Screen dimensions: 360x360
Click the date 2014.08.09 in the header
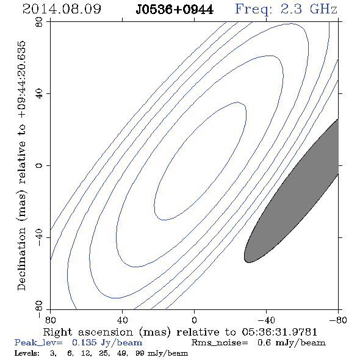click(x=62, y=9)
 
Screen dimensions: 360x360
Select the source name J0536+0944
click(x=175, y=10)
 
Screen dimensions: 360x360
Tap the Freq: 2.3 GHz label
click(x=286, y=10)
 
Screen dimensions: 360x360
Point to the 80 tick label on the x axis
click(x=50, y=320)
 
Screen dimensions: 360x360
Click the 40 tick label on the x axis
click(x=123, y=320)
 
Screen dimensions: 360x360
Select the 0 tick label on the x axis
click(x=194, y=320)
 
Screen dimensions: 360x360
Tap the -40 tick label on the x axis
click(x=266, y=320)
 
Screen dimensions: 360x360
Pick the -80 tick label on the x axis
click(x=338, y=320)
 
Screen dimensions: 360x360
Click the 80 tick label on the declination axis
click(x=39, y=22)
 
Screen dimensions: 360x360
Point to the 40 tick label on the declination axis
click(x=39, y=94)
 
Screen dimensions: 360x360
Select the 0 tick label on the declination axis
click(x=39, y=165)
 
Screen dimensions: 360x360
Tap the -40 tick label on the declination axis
click(x=39, y=237)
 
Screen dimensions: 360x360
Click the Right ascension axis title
click(x=180, y=332)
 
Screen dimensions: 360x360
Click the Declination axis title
click(x=21, y=166)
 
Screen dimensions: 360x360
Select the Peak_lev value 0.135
click(x=84, y=342)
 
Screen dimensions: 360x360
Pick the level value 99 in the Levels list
click(x=140, y=353)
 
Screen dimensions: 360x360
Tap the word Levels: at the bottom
click(x=27, y=353)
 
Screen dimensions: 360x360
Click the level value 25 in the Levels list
click(x=103, y=353)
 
